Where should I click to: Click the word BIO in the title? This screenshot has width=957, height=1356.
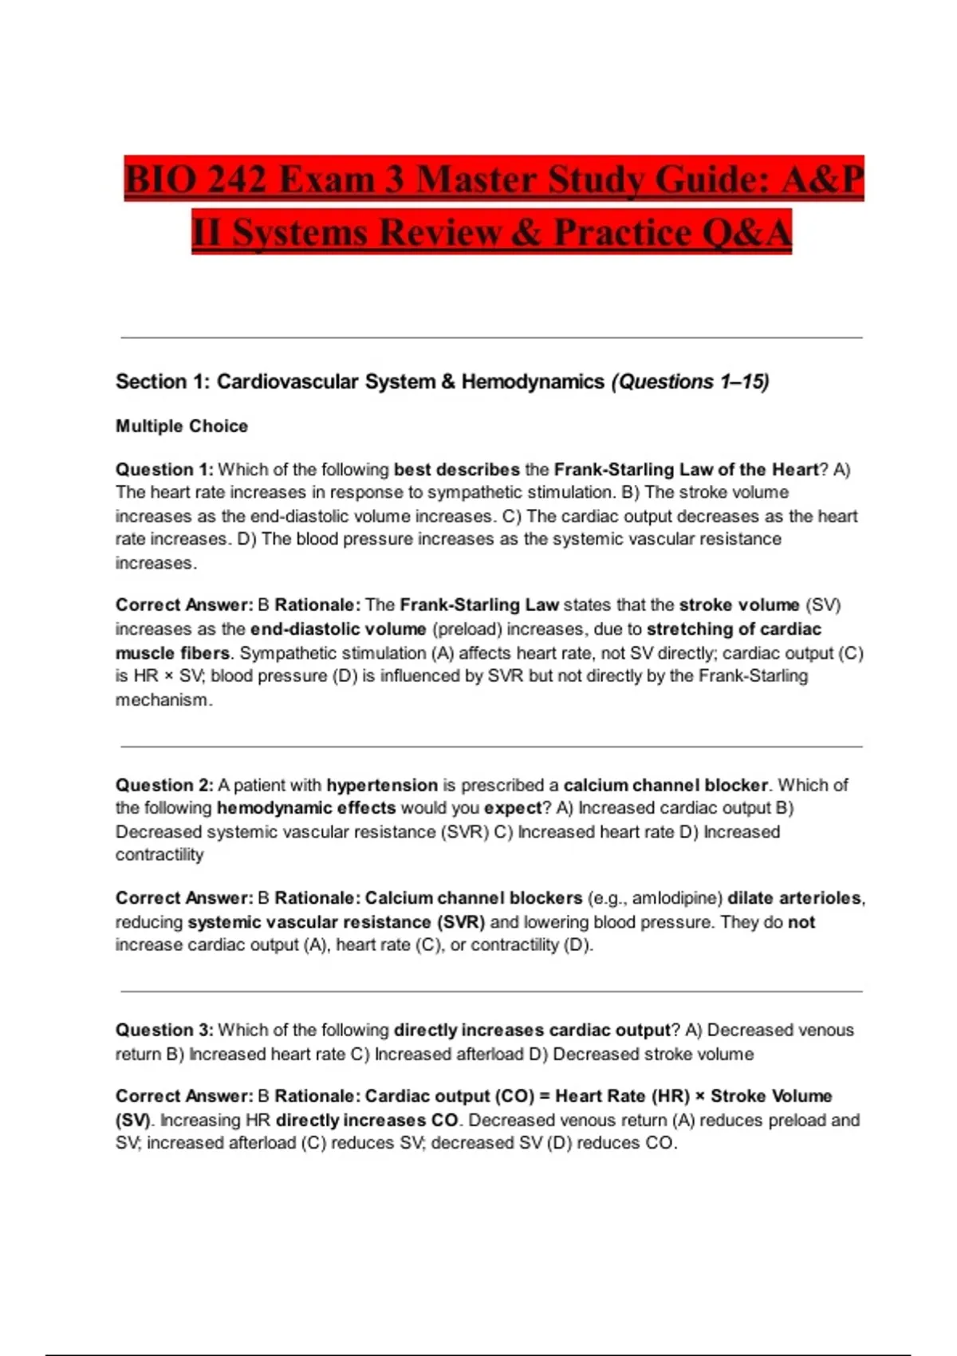point(159,179)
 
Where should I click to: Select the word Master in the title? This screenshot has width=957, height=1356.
point(475,179)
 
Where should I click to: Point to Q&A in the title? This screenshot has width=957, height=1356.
point(746,232)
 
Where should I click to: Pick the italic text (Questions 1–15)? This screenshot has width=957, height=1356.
point(690,382)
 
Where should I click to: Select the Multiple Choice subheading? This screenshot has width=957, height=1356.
point(182,426)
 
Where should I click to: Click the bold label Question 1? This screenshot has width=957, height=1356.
point(164,470)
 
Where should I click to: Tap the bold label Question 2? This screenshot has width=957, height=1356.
point(164,785)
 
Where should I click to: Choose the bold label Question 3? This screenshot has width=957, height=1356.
point(164,1030)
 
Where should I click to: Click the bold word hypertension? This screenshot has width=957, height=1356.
point(382,785)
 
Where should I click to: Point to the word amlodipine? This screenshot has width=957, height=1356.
point(676,898)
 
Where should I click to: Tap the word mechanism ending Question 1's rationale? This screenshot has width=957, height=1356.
point(162,700)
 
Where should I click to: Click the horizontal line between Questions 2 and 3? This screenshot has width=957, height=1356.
point(491,991)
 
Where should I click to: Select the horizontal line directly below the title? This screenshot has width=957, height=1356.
point(491,338)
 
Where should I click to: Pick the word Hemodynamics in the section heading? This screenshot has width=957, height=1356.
point(533,382)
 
